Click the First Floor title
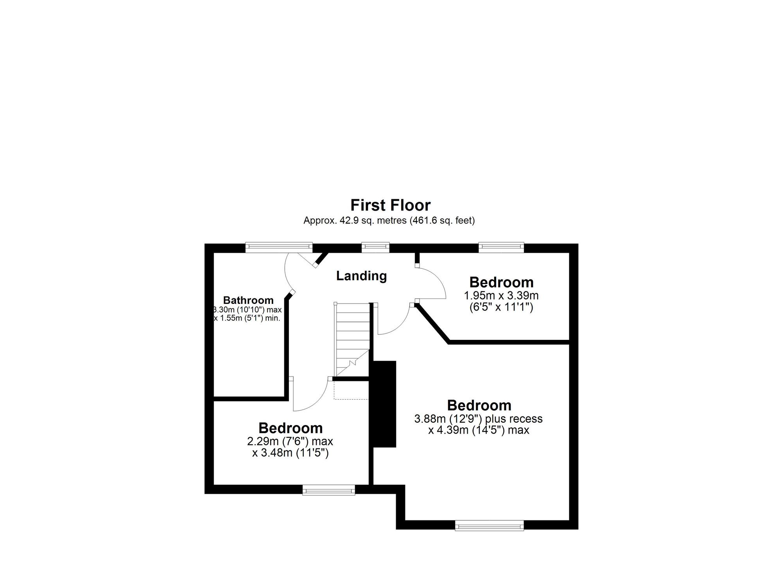390,205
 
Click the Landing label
362,276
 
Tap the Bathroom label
248,300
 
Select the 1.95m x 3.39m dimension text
501,295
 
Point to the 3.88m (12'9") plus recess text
479,419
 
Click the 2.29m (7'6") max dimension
290,441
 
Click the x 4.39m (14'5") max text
479,430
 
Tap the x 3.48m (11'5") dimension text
290,453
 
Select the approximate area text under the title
389,220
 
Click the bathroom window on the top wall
279,246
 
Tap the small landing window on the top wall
375,246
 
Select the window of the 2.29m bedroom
329,490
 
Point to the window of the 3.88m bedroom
489,525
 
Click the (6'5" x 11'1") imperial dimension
501,307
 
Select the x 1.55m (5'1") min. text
247,318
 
